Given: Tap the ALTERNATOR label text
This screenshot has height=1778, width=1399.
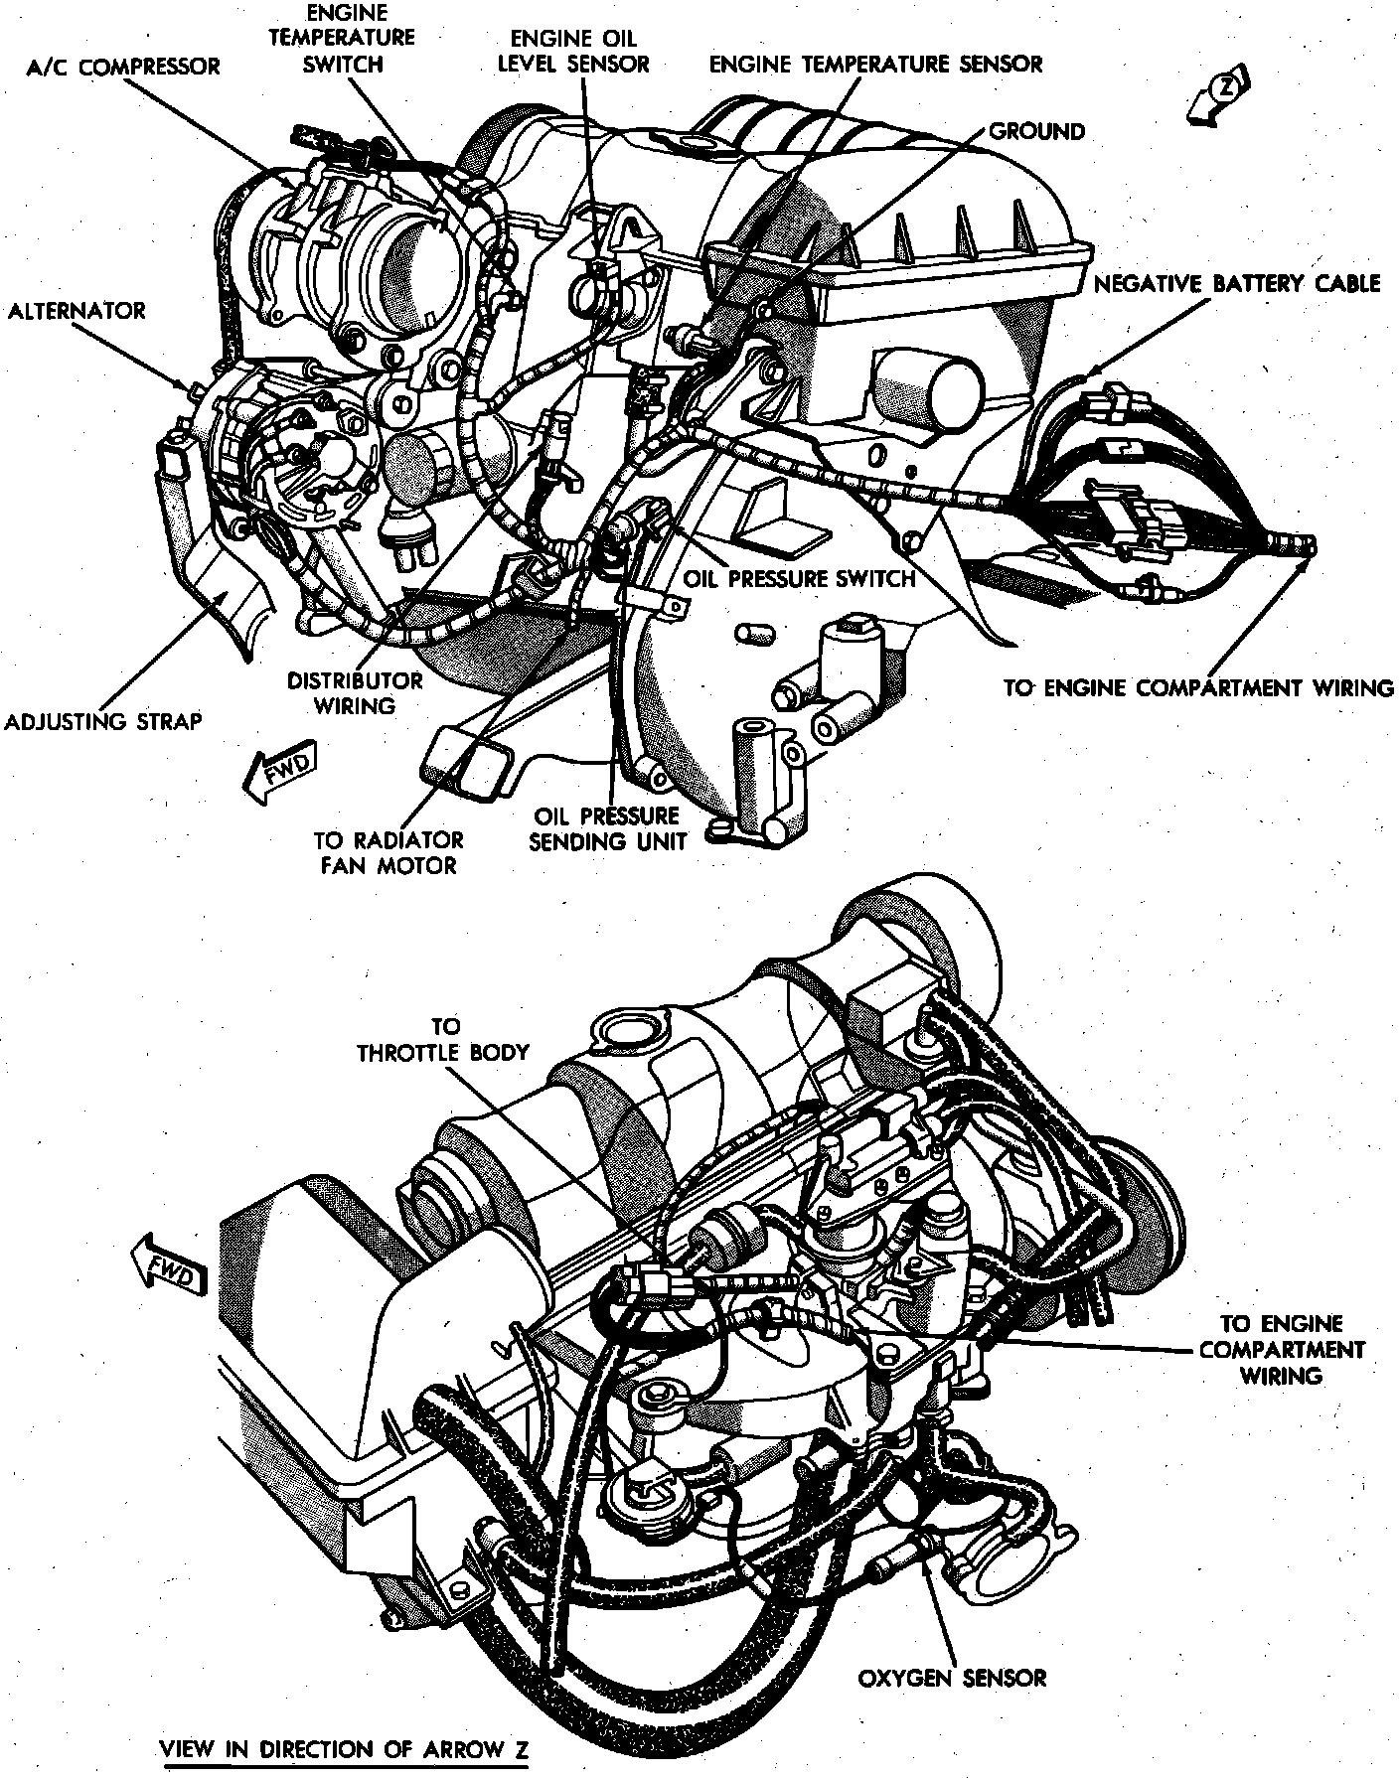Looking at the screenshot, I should (77, 311).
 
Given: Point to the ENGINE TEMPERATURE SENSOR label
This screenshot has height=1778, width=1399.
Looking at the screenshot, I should (875, 65).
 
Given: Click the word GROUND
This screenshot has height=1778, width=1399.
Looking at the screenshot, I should (1036, 131).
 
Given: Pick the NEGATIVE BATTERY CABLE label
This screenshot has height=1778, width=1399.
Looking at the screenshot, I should (1236, 284).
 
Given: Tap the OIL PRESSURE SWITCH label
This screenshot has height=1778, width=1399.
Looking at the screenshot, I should (799, 578).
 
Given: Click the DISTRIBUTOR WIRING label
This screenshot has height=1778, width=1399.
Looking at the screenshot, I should (355, 692).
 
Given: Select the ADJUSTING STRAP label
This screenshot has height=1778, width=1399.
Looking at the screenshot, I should (103, 721).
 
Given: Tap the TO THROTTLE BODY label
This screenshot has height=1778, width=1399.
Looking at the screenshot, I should (443, 1039).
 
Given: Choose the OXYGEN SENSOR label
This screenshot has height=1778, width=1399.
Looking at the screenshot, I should (952, 1651).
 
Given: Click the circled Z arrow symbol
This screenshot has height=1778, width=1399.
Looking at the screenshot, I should (1223, 94).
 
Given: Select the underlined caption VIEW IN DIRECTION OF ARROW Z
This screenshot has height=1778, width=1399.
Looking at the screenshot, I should (344, 1749).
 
